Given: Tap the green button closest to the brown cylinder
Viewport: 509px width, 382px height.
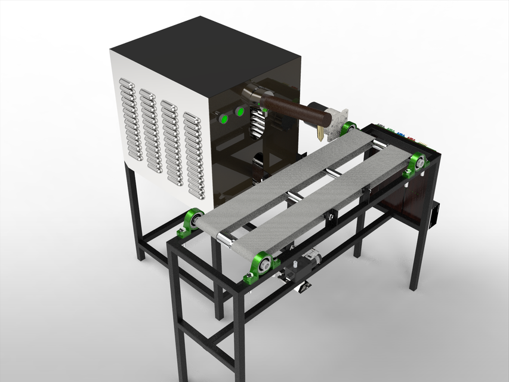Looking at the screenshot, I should coord(240,112).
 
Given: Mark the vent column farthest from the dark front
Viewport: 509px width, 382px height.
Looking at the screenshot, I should coord(131,119).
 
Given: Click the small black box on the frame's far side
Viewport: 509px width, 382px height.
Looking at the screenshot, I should coord(436,215).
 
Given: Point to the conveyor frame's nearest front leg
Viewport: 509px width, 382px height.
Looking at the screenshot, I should coord(239,334).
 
